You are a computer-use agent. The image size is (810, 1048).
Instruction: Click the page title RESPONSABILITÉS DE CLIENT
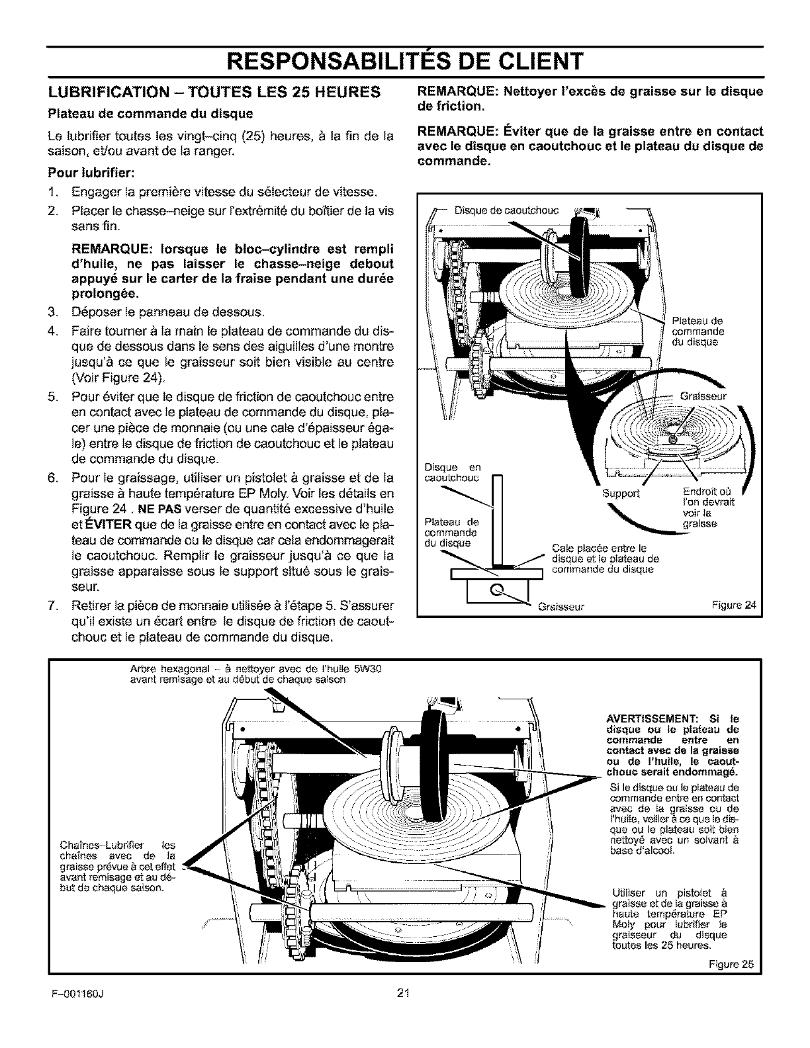[404, 61]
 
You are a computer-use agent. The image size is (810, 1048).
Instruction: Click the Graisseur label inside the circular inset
[703, 396]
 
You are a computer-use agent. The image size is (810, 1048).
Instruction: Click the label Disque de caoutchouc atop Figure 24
[508, 211]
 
